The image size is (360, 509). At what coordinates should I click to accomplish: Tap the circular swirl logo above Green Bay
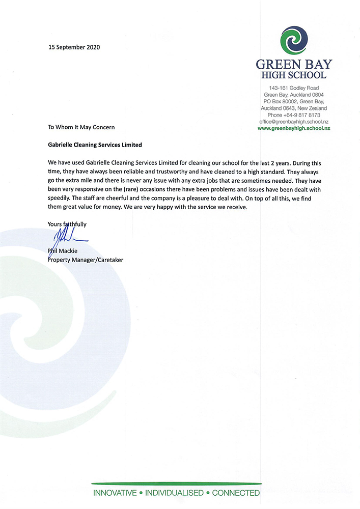(294, 40)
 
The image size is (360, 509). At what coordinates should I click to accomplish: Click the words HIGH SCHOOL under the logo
(294, 75)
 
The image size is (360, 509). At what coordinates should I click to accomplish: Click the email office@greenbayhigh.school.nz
(293, 122)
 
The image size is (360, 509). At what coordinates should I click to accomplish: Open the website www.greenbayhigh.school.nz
(294, 129)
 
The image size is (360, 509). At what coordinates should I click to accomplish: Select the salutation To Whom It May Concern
(81, 127)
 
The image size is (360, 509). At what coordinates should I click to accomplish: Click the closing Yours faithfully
(67, 223)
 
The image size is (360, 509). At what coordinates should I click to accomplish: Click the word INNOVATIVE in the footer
(115, 493)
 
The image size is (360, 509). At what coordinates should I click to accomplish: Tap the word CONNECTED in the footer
(236, 493)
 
